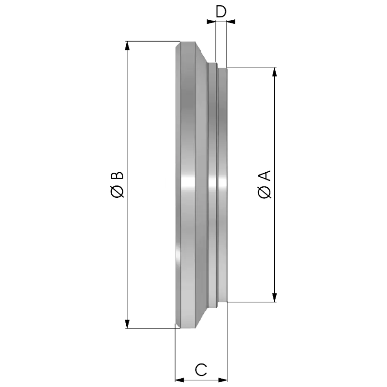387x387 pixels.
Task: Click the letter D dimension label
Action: pyautogui.click(x=221, y=12)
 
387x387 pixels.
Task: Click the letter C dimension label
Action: pyautogui.click(x=201, y=370)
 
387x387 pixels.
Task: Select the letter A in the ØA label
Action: pyautogui.click(x=264, y=176)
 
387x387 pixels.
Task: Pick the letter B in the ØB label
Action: pyautogui.click(x=117, y=176)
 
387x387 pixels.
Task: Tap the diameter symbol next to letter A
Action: pyautogui.click(x=264, y=192)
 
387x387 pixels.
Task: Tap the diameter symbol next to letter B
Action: pyautogui.click(x=117, y=191)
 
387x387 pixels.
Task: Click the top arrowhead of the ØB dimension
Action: pyautogui.click(x=127, y=46)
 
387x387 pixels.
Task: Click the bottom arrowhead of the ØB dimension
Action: pyautogui.click(x=127, y=324)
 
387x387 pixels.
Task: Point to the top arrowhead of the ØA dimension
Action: pyautogui.click(x=274, y=72)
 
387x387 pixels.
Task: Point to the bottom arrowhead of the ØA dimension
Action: pyautogui.click(x=274, y=298)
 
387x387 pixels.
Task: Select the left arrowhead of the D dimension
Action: pyautogui.click(x=211, y=22)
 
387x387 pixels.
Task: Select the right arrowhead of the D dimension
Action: pyautogui.click(x=231, y=22)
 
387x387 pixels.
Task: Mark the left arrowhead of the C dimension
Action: pyautogui.click(x=179, y=380)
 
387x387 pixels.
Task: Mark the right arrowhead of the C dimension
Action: pyautogui.click(x=223, y=380)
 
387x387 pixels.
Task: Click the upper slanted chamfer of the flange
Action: pyautogui.click(x=202, y=53)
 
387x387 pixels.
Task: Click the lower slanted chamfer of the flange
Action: pyautogui.click(x=202, y=317)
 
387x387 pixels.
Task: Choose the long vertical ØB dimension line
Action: pyautogui.click(x=127, y=185)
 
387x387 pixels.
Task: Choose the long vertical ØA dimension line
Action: pyautogui.click(x=274, y=185)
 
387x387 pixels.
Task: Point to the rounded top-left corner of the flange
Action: pyautogui.click(x=178, y=45)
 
